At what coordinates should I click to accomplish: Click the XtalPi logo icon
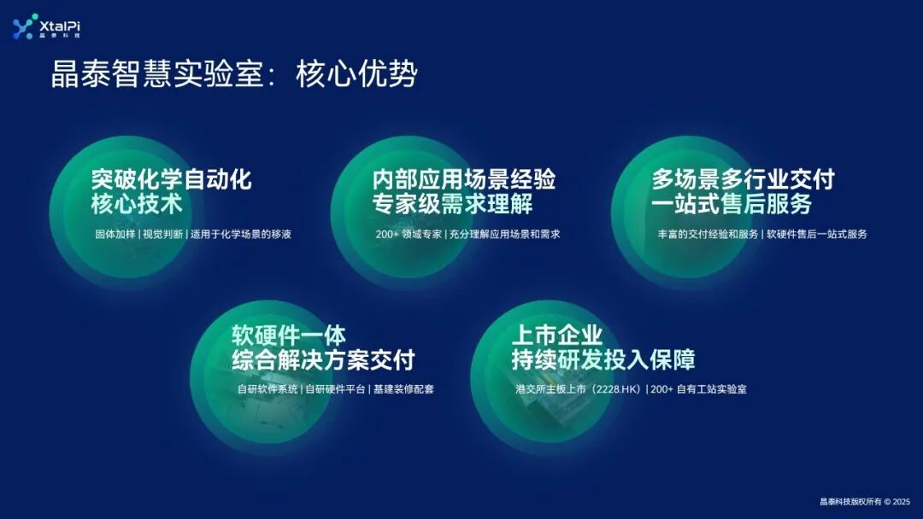click(23, 27)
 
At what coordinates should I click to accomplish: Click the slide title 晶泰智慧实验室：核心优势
click(234, 75)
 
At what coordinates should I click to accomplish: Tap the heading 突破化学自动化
click(171, 180)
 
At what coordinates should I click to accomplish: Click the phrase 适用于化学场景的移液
click(241, 234)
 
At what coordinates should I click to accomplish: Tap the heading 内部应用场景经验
click(464, 180)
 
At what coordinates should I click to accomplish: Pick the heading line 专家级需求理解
click(452, 205)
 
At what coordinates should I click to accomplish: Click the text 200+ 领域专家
click(409, 234)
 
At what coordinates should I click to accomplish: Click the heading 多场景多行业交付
click(743, 180)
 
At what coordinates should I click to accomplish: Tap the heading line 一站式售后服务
click(731, 205)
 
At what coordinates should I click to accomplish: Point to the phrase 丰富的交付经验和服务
click(708, 234)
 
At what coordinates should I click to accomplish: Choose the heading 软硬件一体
click(289, 335)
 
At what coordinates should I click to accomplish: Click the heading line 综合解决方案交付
click(323, 360)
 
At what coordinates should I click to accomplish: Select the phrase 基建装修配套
click(403, 389)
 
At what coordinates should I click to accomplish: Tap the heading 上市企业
click(556, 335)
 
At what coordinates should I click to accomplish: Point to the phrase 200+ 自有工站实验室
click(698, 389)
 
